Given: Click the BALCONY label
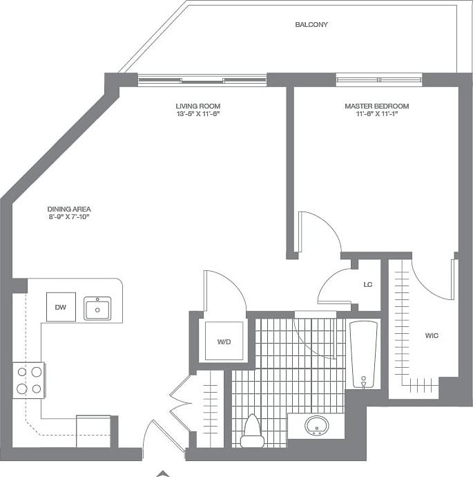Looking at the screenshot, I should click(x=311, y=24).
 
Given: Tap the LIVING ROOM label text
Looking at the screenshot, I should click(x=197, y=106).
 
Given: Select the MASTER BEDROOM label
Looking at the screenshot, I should click(x=376, y=106).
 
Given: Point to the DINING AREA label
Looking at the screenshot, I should click(x=69, y=209).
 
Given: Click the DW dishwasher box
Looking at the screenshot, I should click(x=61, y=308).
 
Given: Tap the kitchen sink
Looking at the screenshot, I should click(x=97, y=308).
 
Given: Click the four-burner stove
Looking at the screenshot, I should click(x=28, y=380).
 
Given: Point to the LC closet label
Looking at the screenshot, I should click(x=368, y=284).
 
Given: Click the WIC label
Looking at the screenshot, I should click(x=432, y=335).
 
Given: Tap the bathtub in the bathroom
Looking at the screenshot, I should click(x=363, y=354).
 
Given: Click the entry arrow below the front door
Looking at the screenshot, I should click(x=163, y=473).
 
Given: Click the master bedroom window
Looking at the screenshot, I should click(x=378, y=80).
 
